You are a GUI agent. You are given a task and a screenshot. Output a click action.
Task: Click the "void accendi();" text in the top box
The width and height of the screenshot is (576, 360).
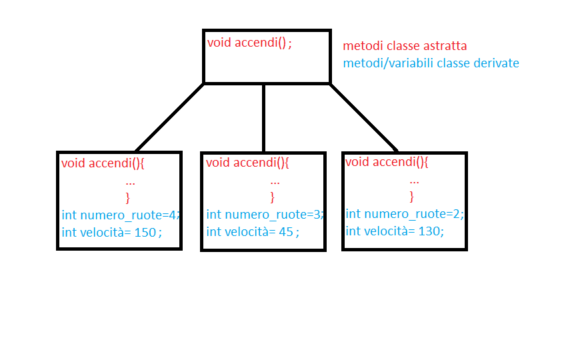(249, 43)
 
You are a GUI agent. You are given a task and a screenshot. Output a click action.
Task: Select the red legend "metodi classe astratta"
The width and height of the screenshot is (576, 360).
(405, 47)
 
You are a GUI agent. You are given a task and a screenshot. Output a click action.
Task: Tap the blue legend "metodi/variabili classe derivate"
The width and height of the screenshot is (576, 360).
(431, 63)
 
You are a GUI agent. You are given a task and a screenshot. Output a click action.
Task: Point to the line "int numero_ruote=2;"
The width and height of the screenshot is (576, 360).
(404, 214)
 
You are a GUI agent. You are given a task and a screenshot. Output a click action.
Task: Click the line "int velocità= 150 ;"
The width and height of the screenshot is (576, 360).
(111, 232)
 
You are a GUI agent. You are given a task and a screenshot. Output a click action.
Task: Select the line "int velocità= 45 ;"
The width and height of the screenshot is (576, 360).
(253, 231)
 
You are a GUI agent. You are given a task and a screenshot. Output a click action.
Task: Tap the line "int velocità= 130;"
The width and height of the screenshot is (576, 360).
(394, 231)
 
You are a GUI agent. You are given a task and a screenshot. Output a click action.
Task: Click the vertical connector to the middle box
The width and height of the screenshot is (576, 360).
(264, 118)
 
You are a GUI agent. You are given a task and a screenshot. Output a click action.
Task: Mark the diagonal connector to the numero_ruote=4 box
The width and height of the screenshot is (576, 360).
(169, 118)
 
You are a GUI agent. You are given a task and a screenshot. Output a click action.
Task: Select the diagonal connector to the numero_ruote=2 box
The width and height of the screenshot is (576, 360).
(364, 118)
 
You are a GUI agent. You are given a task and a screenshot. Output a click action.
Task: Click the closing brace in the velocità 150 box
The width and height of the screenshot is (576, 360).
(128, 197)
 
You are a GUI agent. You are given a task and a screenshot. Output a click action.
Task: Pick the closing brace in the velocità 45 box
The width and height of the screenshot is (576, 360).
(272, 197)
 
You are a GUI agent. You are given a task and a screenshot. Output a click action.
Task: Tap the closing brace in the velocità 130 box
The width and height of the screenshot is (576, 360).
(411, 196)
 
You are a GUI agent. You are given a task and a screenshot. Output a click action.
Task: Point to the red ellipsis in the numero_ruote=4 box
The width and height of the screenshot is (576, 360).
(131, 181)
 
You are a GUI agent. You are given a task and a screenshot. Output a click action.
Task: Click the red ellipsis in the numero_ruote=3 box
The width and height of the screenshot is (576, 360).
(275, 181)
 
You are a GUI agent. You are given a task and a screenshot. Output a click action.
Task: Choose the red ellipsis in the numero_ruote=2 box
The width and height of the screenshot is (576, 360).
(414, 180)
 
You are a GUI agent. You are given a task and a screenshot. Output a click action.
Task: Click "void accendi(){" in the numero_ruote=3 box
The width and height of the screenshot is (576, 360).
(247, 163)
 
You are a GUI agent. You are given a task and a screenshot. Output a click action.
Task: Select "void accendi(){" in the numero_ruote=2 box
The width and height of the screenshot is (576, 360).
(387, 162)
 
